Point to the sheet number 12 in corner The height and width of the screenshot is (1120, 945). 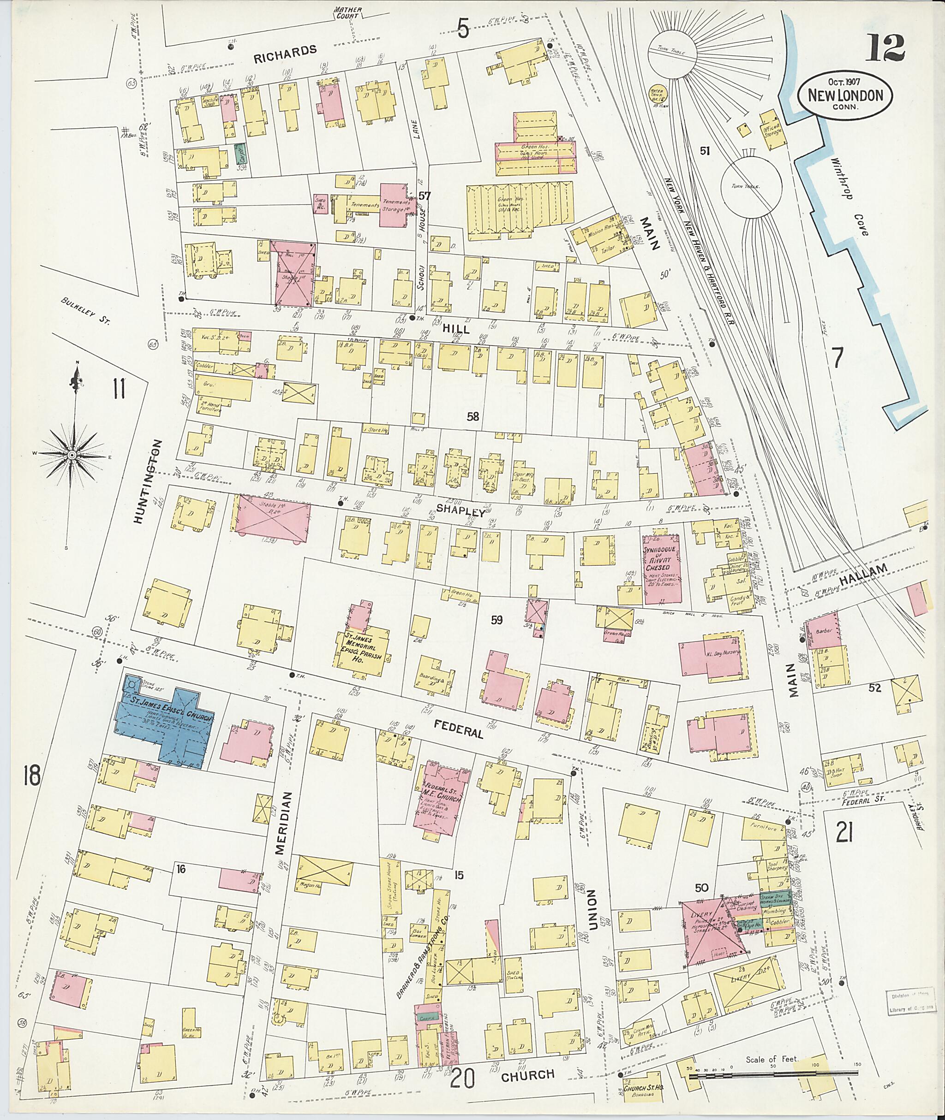point(886,48)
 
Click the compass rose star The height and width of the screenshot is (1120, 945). point(71,455)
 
